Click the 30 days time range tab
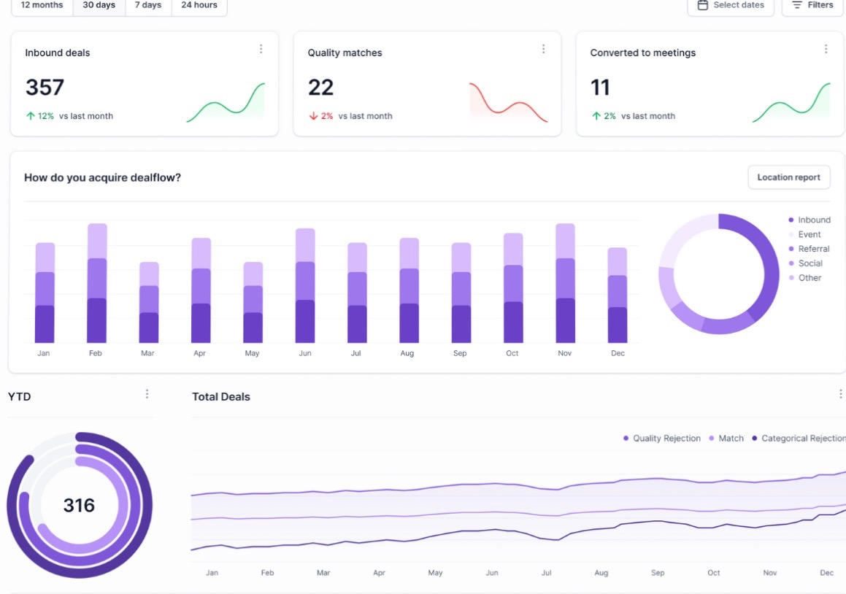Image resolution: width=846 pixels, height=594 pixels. click(x=99, y=5)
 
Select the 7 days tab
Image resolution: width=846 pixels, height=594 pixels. click(x=148, y=5)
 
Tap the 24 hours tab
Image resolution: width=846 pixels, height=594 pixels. click(x=199, y=5)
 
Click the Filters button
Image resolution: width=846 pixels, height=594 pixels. click(x=812, y=5)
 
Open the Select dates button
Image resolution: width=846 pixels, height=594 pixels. click(x=731, y=5)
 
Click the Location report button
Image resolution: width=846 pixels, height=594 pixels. click(x=788, y=177)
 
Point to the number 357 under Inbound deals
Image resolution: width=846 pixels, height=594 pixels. click(x=45, y=88)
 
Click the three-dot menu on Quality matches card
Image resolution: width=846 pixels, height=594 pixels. click(x=543, y=49)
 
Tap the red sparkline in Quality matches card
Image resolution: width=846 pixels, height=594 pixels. click(x=508, y=102)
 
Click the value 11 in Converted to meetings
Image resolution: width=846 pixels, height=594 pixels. click(x=600, y=88)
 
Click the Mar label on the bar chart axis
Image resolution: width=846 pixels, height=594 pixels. click(x=148, y=353)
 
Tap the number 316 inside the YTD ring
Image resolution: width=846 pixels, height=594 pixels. click(x=79, y=505)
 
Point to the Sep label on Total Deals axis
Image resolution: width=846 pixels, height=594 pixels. click(x=658, y=573)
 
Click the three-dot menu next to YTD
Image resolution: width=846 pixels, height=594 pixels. click(x=147, y=394)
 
